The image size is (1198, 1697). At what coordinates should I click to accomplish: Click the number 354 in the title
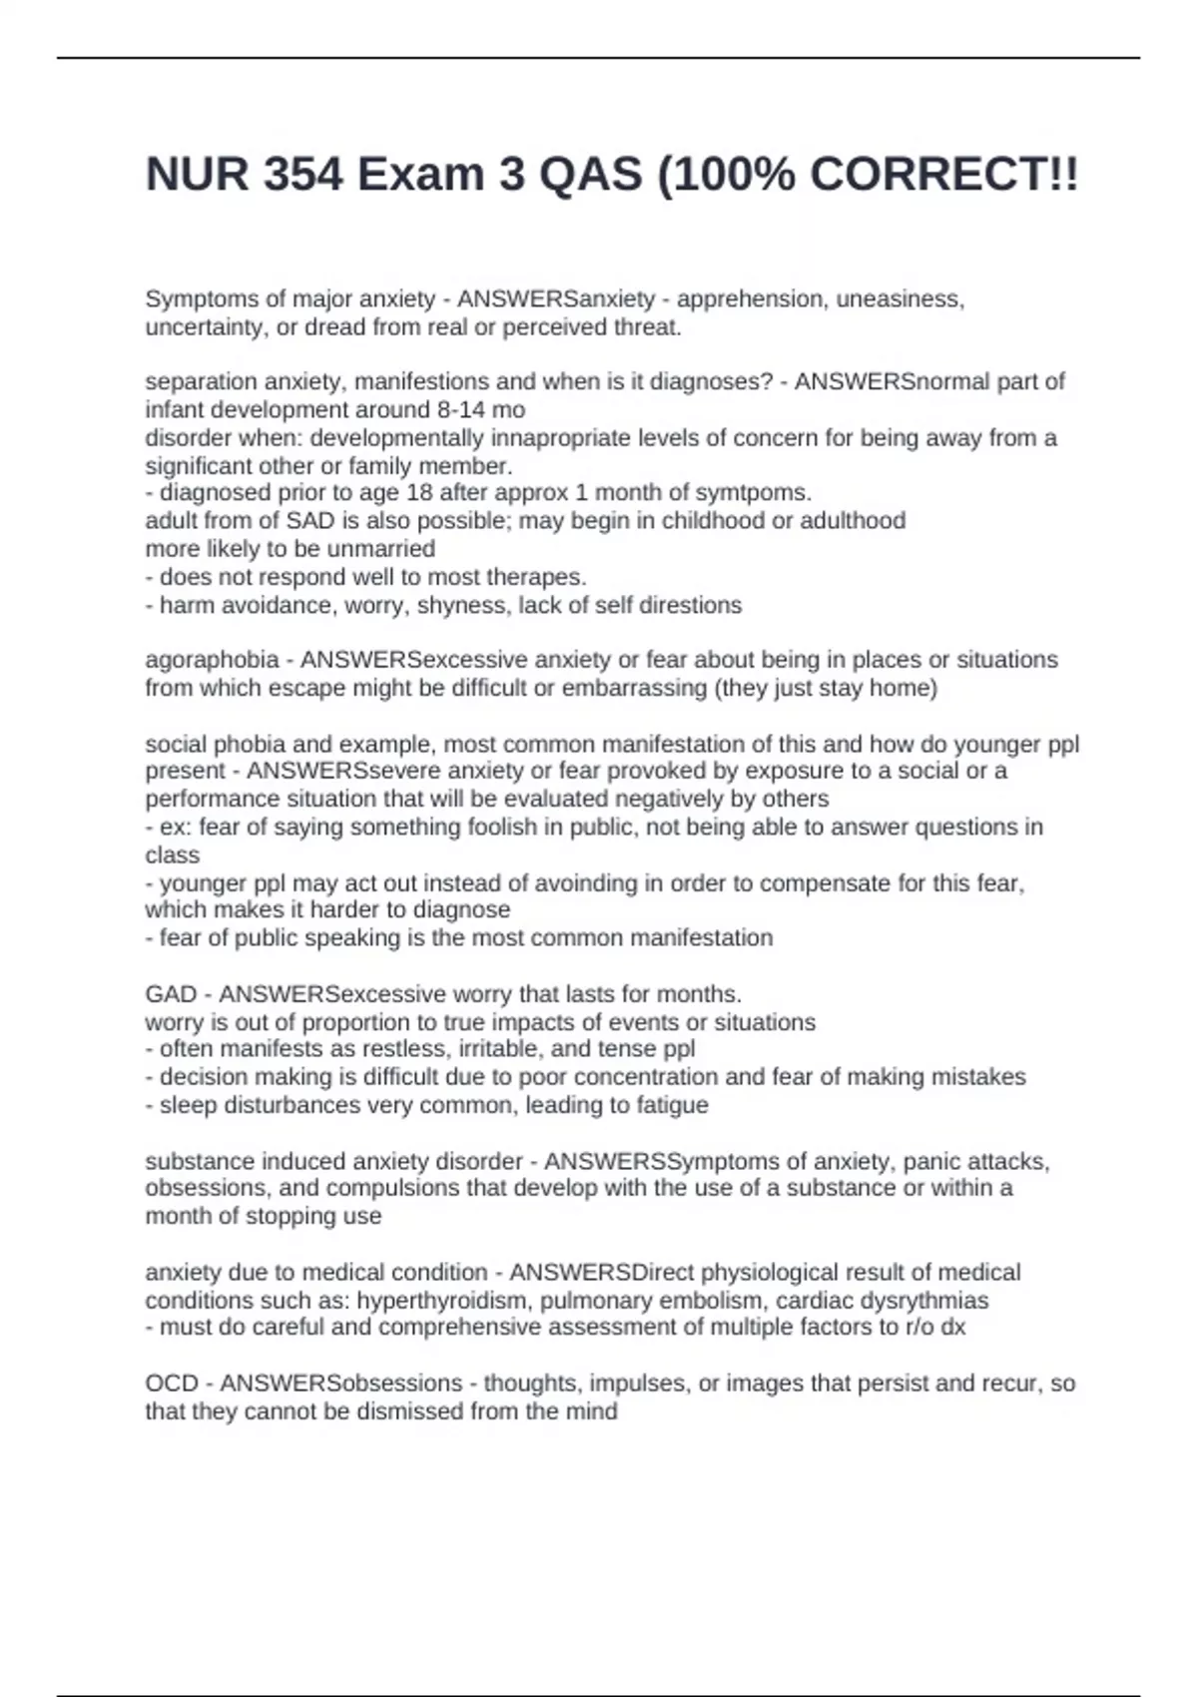tap(303, 175)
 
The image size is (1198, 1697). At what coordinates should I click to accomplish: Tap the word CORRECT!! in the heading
tap(943, 175)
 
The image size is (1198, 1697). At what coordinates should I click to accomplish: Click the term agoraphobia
tap(212, 660)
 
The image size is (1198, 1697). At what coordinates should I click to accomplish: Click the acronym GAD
tap(171, 994)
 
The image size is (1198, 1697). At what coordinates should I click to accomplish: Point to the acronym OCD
tap(172, 1384)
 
